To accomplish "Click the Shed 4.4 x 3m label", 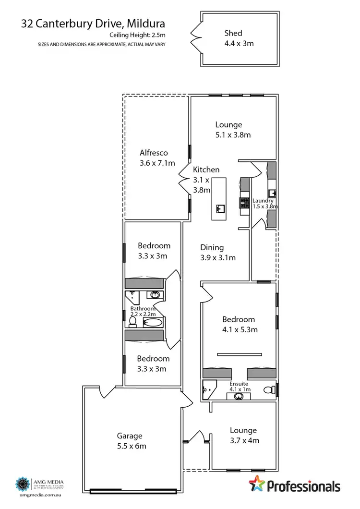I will tap(239, 38).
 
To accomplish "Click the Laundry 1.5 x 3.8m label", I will tap(264, 204).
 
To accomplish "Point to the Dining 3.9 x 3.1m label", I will tap(217, 252).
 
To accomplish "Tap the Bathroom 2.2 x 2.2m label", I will tap(143, 311).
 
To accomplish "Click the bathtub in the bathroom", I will tap(154, 323).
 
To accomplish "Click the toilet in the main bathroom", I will tap(132, 322).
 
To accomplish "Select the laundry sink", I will tap(272, 193).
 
